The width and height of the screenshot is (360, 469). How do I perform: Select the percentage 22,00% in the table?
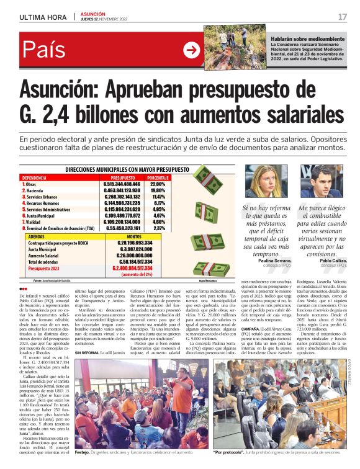pyautogui.click(x=158, y=184)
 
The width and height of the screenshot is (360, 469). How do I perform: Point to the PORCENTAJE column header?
pyautogui.click(x=158, y=177)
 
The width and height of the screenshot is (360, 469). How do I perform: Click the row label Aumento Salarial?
pyautogui.click(x=43, y=255)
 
